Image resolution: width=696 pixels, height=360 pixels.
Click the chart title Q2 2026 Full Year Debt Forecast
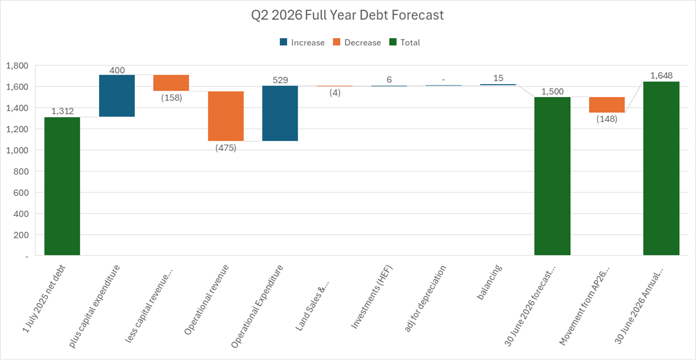tap(347, 15)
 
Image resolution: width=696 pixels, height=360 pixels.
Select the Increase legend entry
tap(302, 43)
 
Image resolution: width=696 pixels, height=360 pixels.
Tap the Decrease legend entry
tap(357, 43)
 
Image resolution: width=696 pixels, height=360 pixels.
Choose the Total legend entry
tap(404, 43)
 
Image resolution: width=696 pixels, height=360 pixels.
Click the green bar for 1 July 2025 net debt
tap(62, 186)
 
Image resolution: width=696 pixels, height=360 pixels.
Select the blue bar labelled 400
tap(117, 96)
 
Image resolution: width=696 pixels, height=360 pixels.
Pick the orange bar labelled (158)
tap(171, 83)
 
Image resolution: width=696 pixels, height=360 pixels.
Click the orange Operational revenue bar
tap(226, 116)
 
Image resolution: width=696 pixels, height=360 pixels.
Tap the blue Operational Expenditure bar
tap(280, 113)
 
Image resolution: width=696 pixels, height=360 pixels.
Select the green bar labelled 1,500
tap(552, 176)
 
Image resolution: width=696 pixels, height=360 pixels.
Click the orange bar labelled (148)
tap(607, 104)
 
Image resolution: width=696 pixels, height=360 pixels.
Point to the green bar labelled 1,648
tap(661, 168)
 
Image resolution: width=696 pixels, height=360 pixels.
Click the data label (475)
tap(226, 148)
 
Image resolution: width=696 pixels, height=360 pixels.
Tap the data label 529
tap(280, 80)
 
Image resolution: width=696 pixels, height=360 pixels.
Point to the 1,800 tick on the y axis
tap(17, 66)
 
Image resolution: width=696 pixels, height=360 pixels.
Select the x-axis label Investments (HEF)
tap(372, 297)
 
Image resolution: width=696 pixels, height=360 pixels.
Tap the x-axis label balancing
tap(489, 282)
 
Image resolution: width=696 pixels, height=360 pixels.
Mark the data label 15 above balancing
tap(498, 78)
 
